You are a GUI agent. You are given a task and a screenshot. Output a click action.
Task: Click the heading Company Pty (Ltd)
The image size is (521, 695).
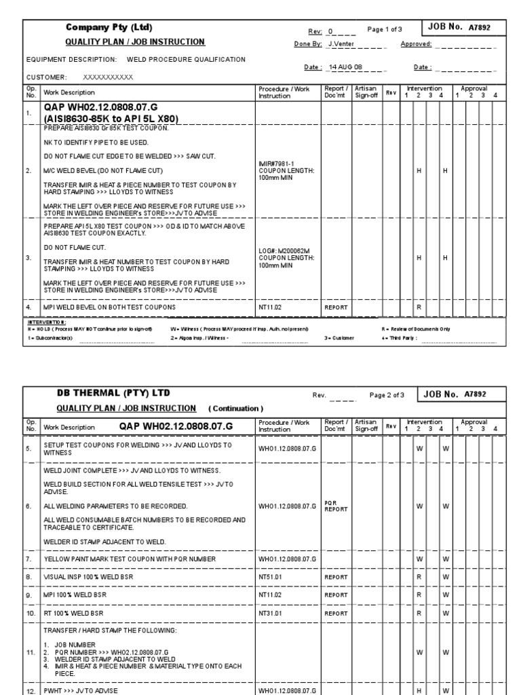click(x=109, y=28)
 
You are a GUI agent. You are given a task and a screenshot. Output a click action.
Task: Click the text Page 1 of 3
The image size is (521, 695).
click(x=385, y=29)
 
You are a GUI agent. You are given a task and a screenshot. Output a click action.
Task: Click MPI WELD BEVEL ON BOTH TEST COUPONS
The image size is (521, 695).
click(x=109, y=307)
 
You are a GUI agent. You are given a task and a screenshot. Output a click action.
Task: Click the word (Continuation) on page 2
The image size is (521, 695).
click(x=235, y=409)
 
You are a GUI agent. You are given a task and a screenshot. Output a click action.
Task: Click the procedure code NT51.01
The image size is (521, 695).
click(x=271, y=576)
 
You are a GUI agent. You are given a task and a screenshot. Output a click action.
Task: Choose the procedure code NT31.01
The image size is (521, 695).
click(x=271, y=613)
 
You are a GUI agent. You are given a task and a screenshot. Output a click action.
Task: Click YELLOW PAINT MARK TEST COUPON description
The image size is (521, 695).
click(x=130, y=559)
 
